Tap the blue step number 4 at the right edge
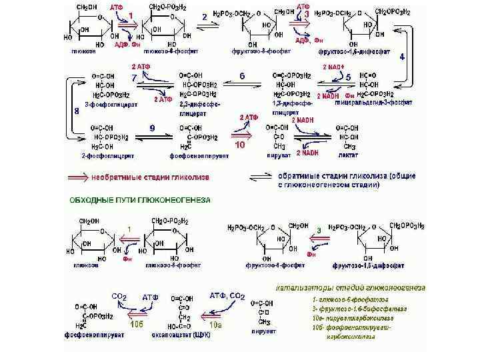pyautogui.click(x=402, y=57)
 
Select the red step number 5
pyautogui.click(x=347, y=77)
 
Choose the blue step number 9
pyautogui.click(x=153, y=126)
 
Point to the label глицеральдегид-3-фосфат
pyautogui.click(x=376, y=103)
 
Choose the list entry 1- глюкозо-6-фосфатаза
pyautogui.click(x=342, y=299)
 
